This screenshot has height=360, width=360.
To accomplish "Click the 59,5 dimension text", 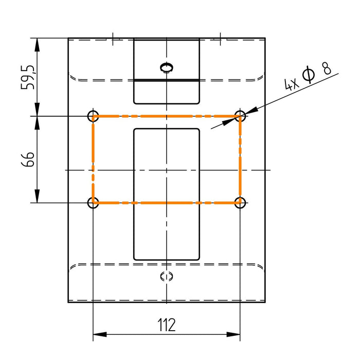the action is [28, 77].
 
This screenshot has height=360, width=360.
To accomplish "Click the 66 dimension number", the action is [28, 159].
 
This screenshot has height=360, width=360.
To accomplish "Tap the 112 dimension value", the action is [167, 325].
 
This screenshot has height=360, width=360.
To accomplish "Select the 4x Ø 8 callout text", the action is [308, 75].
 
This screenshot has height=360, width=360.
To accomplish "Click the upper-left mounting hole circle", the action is [93, 111].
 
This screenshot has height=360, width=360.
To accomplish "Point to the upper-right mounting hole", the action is [240, 111].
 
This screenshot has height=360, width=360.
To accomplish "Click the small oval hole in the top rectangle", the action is [167, 64].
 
